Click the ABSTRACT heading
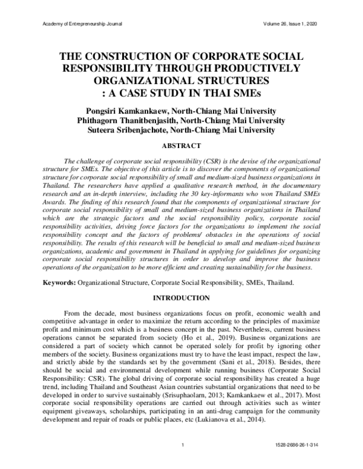pos(181,146)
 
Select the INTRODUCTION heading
pos(181,298)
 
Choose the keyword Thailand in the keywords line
pos(278,283)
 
